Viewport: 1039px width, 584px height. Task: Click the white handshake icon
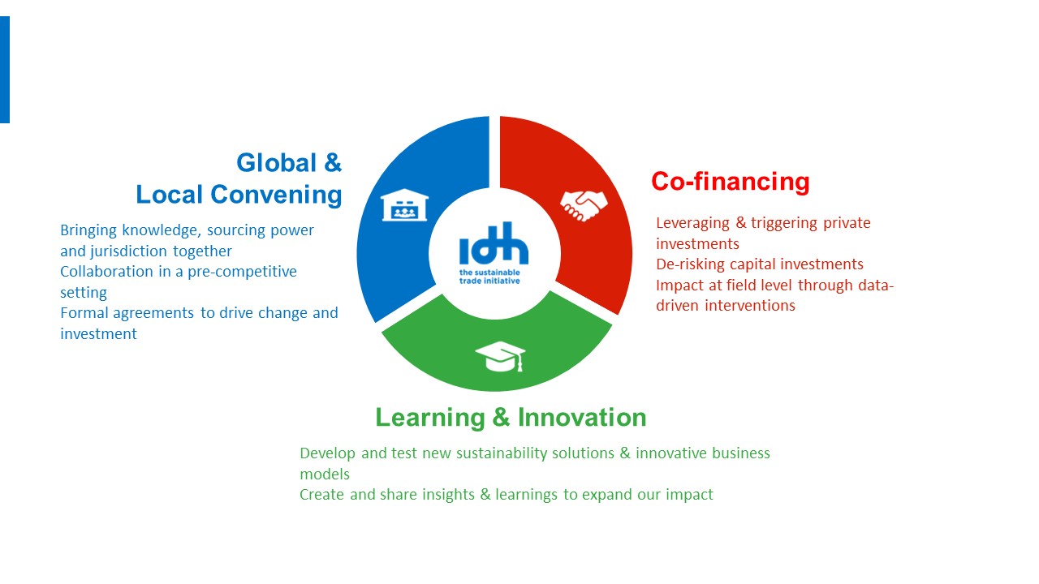pyautogui.click(x=584, y=206)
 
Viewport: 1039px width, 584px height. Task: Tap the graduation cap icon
pyautogui.click(x=501, y=356)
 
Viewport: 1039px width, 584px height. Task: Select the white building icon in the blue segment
pyautogui.click(x=404, y=205)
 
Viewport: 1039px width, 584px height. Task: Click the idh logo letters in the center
pyautogui.click(x=494, y=243)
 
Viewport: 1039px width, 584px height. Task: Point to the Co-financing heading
pyautogui.click(x=731, y=181)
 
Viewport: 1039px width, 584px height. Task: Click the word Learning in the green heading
pyautogui.click(x=430, y=418)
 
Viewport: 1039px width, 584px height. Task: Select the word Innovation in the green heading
pyautogui.click(x=582, y=417)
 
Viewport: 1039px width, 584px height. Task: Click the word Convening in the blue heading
pyautogui.click(x=277, y=195)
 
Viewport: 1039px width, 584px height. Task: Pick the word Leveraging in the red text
pyautogui.click(x=693, y=223)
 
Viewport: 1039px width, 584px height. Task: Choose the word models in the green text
pyautogui.click(x=325, y=474)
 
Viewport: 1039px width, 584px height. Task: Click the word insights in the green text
pyautogui.click(x=448, y=495)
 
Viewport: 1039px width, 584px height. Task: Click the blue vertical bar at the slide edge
pyautogui.click(x=5, y=70)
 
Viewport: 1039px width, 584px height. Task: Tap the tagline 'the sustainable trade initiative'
pyautogui.click(x=489, y=277)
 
